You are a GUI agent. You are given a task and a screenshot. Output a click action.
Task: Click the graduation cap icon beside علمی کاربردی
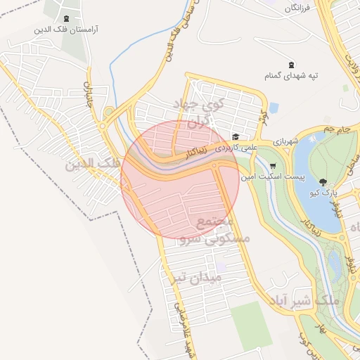pyautogui.click(x=236, y=137)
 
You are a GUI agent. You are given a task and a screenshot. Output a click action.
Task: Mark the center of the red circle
pyautogui.click(x=180, y=180)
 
